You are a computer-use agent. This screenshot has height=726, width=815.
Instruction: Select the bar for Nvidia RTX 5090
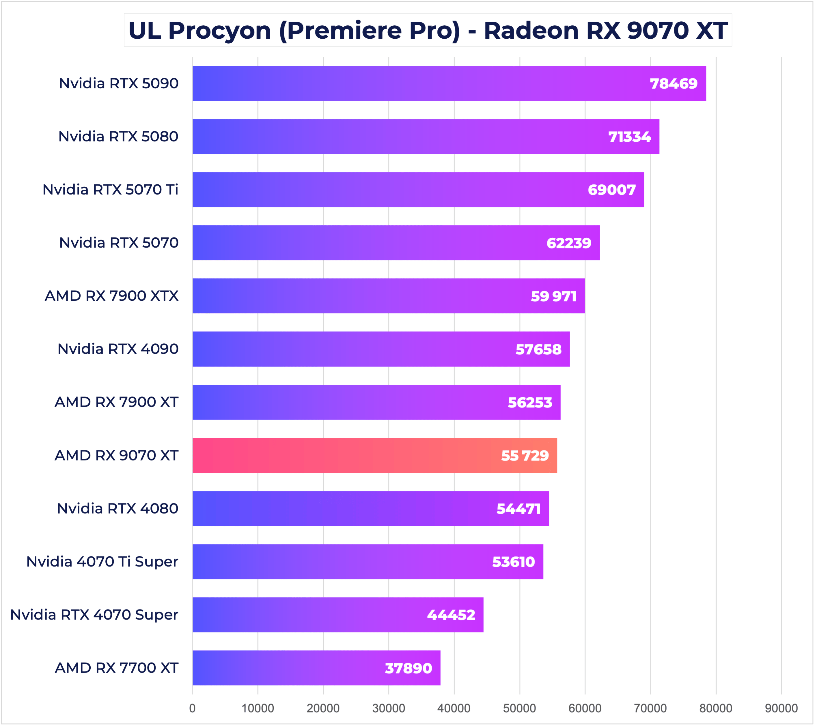coord(449,83)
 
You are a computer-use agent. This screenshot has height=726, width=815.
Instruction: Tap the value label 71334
coord(629,137)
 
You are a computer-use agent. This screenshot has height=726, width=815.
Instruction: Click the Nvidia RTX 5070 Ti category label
coord(110,190)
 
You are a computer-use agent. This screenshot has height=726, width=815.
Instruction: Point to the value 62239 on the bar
coord(568,243)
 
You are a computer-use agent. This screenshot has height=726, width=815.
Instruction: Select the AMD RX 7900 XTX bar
coord(388,296)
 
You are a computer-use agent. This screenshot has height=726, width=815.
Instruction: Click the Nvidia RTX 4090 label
coord(118,349)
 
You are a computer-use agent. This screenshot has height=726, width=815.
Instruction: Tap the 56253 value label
coord(530,403)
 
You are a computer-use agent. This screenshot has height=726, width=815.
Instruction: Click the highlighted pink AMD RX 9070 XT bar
coord(374,456)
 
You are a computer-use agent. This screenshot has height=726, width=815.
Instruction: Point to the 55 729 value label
coord(525,456)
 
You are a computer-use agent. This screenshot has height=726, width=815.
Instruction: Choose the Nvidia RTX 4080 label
coord(117,509)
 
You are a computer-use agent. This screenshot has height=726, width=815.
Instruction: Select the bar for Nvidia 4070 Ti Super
coord(368,562)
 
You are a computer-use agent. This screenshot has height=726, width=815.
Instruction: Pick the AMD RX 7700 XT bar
coord(316,668)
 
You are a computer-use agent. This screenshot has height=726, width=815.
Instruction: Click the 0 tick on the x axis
coord(192,708)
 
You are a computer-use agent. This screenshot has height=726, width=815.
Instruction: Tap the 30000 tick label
coord(388,708)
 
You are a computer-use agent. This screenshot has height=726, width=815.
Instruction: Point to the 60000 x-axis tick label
coord(585,708)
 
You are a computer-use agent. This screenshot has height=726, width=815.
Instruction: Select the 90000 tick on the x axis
coord(781,708)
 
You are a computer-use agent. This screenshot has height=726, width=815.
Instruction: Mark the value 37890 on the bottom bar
coord(408,668)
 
